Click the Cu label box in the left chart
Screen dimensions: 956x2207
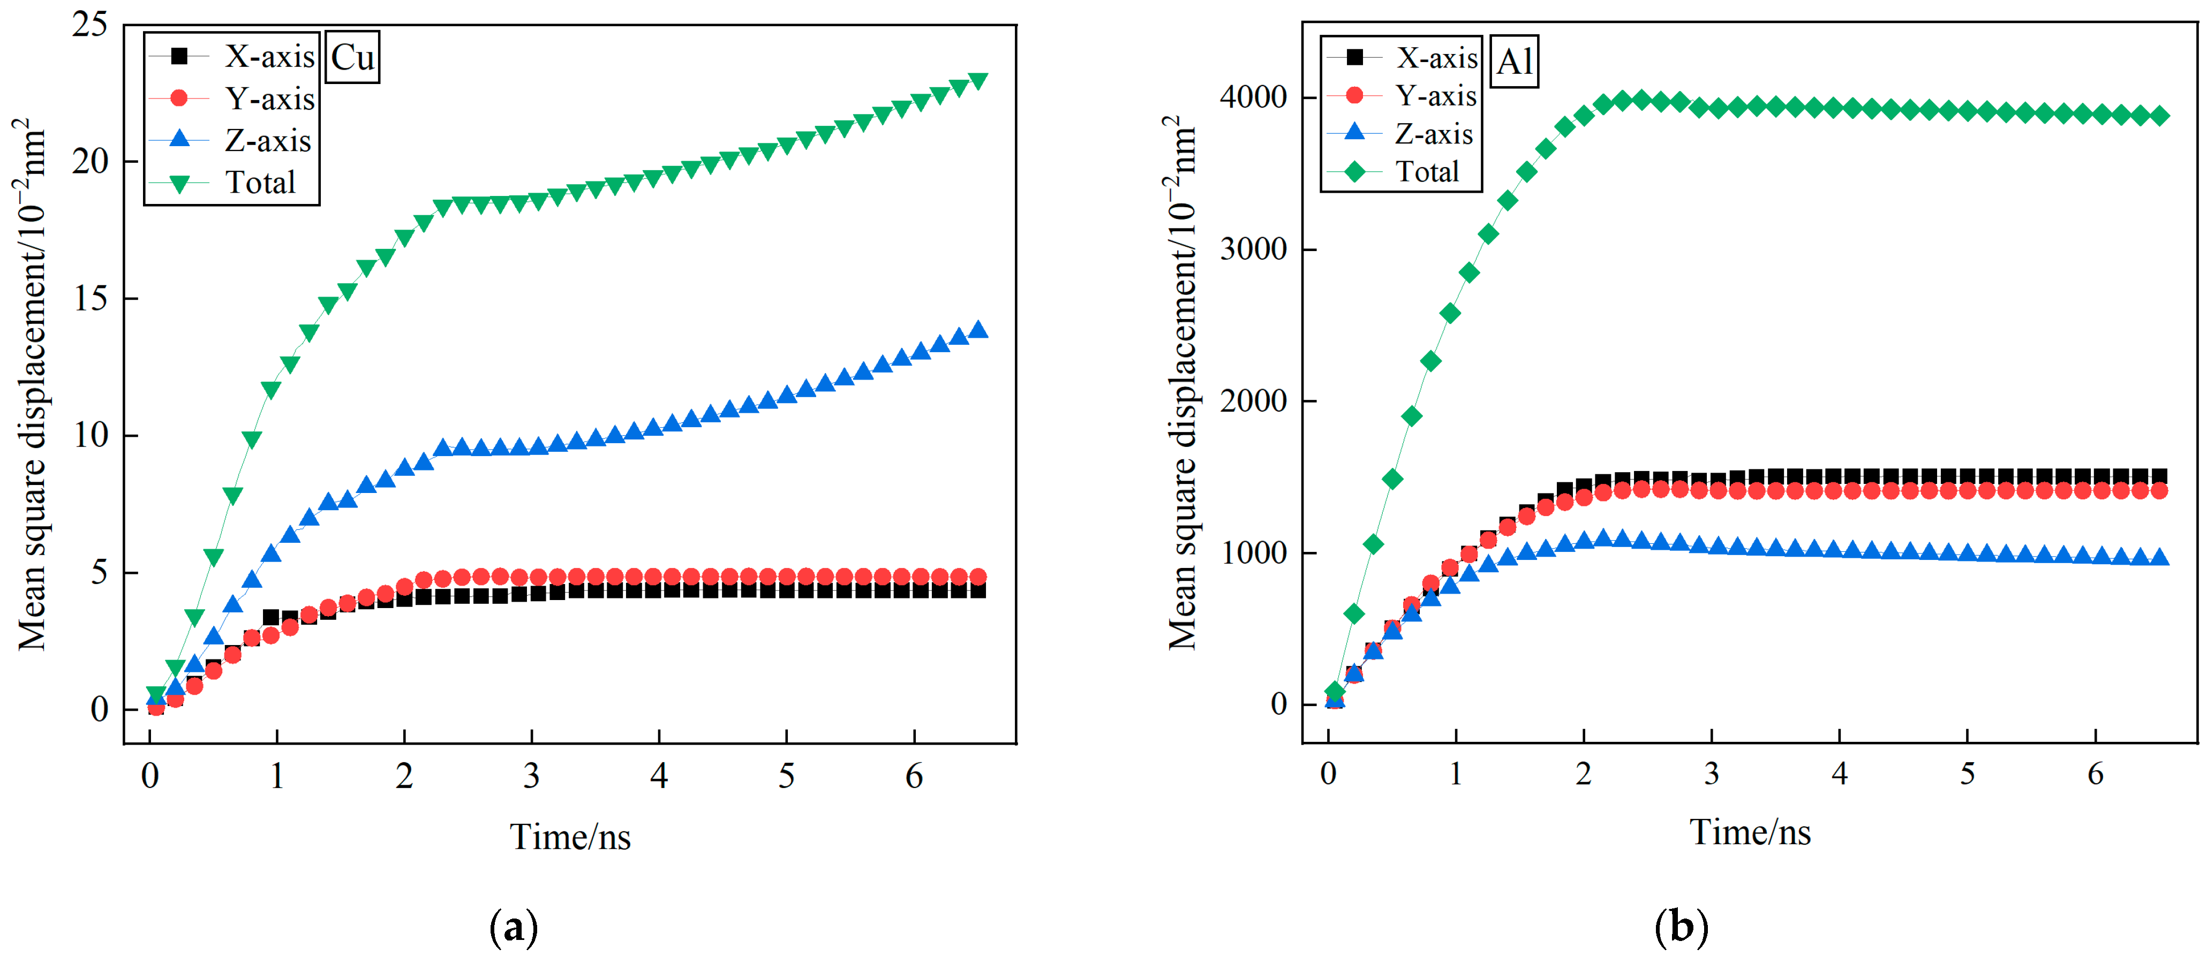click(x=352, y=57)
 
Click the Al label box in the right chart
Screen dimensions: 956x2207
click(x=1514, y=62)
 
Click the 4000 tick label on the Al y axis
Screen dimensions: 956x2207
click(x=1253, y=97)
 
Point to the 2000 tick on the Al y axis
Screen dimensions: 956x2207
click(x=1253, y=401)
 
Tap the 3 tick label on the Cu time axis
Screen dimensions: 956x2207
click(x=531, y=776)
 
